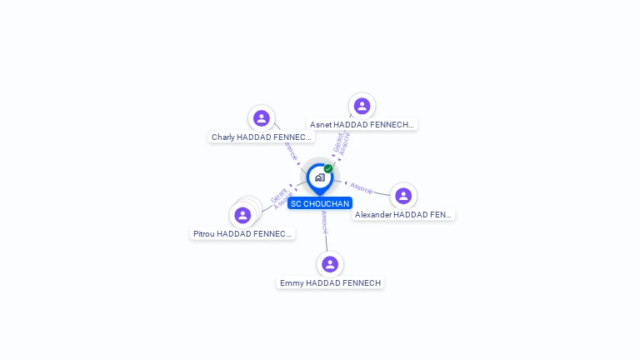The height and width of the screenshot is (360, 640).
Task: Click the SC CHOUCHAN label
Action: (320, 203)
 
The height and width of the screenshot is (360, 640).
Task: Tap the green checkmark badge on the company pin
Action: (328, 168)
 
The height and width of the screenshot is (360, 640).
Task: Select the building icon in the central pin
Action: (319, 177)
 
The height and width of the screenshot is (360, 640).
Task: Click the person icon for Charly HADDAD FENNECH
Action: (262, 118)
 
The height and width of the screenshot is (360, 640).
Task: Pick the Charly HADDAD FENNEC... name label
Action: (262, 137)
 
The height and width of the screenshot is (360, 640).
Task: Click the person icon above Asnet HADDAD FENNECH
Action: (362, 106)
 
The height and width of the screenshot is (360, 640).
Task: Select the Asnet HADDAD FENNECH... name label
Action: (362, 124)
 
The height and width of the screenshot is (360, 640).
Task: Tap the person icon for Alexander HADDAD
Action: (403, 196)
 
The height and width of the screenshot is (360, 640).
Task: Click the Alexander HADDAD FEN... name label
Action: (403, 214)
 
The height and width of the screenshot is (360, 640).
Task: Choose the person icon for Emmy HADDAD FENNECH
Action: (330, 264)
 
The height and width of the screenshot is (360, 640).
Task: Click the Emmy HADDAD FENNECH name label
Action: (330, 282)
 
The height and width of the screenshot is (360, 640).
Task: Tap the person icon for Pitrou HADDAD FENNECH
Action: (242, 215)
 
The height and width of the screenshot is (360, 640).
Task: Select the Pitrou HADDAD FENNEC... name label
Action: (242, 234)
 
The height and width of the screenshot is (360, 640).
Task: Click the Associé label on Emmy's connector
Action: (324, 222)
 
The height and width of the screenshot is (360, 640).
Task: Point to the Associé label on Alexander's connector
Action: (362, 188)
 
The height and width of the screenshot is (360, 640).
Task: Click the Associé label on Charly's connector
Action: (289, 151)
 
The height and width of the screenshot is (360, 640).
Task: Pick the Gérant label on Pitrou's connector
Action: (278, 197)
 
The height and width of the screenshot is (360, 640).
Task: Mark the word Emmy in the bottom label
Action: (292, 282)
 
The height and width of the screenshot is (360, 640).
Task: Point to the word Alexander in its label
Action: (373, 214)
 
